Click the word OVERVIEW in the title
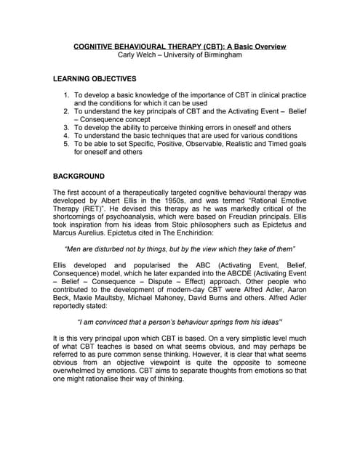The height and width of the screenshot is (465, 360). tap(265, 46)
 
